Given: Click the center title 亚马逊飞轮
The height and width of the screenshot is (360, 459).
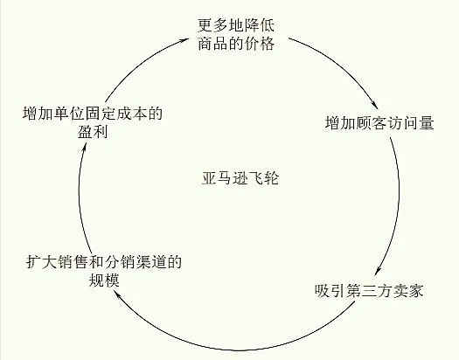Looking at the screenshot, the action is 240,177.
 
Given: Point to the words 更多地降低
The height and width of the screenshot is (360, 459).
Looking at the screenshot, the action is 236,25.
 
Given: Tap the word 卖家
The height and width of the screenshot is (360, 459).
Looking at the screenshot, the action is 407,290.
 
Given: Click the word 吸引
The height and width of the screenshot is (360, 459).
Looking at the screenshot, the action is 330,290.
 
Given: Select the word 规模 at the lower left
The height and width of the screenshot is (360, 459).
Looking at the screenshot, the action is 104,280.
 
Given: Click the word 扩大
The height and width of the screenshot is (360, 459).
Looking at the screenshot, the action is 42,262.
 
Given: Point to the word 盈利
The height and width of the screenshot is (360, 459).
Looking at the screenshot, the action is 93,132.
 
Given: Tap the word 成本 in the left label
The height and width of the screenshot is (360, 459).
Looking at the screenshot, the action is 131,114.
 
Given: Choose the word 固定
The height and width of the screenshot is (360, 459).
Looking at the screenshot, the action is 101,114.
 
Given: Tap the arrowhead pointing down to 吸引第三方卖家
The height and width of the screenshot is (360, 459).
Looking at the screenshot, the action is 378,271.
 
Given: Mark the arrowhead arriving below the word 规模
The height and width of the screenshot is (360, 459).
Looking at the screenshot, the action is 116,294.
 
